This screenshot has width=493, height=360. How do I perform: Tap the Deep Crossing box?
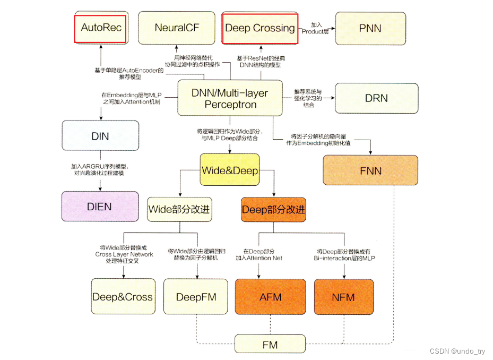tap(260, 28)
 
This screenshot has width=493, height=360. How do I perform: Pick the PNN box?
tap(370, 28)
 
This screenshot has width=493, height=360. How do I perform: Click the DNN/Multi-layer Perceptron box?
tap(230, 98)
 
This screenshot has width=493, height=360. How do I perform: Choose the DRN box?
tap(376, 98)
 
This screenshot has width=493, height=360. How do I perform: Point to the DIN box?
tap(100, 136)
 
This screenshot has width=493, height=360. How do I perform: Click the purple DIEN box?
tap(100, 206)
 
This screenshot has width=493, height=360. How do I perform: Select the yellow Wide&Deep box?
tap(230, 170)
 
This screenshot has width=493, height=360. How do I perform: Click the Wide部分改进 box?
tap(179, 209)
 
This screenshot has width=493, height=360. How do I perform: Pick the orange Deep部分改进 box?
tap(273, 209)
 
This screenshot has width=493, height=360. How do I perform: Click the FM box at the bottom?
tap(270, 344)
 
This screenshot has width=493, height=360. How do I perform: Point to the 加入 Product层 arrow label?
tap(316, 28)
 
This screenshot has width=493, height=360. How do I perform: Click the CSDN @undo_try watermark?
tap(457, 351)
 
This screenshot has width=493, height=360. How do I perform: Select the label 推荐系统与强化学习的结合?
tap(308, 98)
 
